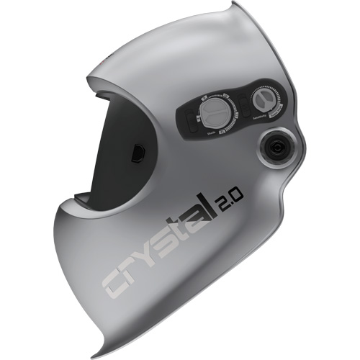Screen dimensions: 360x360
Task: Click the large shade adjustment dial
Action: click(214, 113)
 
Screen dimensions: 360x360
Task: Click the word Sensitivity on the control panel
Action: click(257, 117)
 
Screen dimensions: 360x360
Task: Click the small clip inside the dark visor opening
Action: click(137, 153)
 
